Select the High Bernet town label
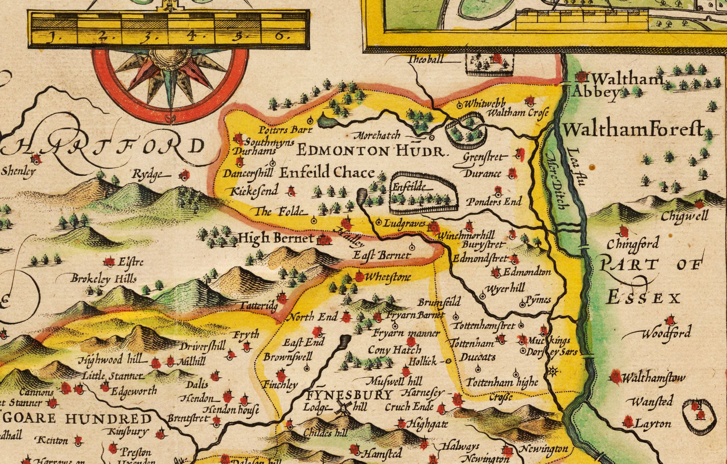pos(276,238)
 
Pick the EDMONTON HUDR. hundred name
pos(372,150)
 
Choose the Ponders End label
pos(494,202)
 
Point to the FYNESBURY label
pos(350,395)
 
